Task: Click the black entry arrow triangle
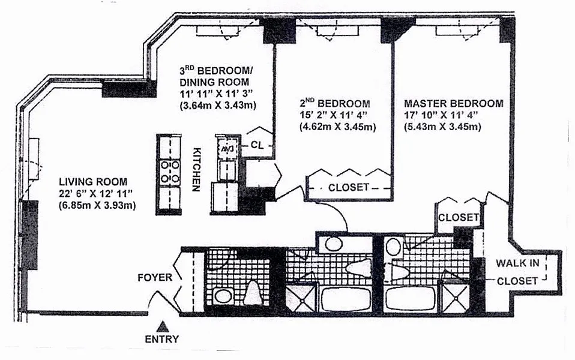pyautogui.click(x=162, y=326)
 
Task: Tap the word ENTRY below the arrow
pyautogui.click(x=161, y=339)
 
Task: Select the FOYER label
pyautogui.click(x=155, y=278)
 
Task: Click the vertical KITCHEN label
pyautogui.click(x=196, y=169)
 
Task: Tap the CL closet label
pyautogui.click(x=257, y=145)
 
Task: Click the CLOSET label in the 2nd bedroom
pyautogui.click(x=348, y=187)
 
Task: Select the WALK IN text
pyautogui.click(x=517, y=263)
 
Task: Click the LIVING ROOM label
pyautogui.click(x=93, y=181)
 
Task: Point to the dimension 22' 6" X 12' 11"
pyautogui.click(x=95, y=194)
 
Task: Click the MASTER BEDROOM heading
pyautogui.click(x=454, y=103)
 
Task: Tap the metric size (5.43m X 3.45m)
pyautogui.click(x=442, y=127)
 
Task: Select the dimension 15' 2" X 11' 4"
pyautogui.click(x=333, y=115)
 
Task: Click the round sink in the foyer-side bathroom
pyautogui.click(x=222, y=296)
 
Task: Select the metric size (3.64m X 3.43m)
pyautogui.click(x=218, y=106)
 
